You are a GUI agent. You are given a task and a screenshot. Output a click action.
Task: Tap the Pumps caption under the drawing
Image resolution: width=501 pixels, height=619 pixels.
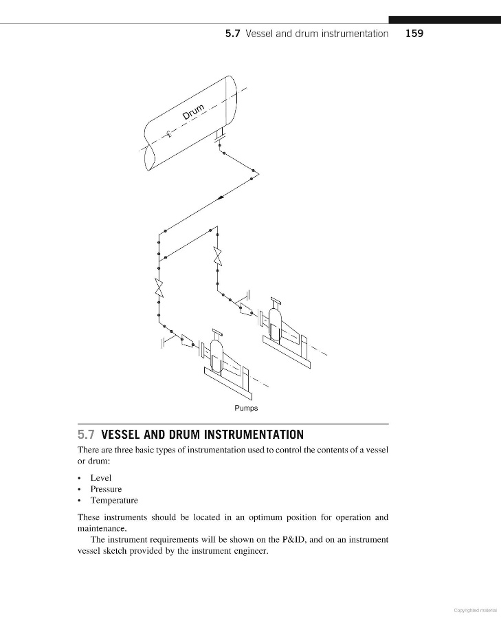246,409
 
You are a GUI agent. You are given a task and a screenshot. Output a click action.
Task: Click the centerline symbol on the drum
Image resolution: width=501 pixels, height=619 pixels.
169,133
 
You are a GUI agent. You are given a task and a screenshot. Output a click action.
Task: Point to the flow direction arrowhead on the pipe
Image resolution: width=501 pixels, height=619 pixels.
220,197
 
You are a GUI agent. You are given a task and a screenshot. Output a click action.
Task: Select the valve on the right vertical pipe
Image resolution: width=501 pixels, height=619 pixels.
217,256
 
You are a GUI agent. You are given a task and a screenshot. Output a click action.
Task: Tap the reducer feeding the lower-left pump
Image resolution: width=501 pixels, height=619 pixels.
186,341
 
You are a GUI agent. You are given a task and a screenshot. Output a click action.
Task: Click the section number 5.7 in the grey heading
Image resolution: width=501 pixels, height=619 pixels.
87,435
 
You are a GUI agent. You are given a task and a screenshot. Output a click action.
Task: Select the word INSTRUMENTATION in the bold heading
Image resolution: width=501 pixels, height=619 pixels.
254,435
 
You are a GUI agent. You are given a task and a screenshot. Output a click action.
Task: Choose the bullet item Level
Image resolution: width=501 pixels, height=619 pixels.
100,477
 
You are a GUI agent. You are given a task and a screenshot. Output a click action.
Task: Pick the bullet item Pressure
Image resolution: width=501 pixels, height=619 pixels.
106,489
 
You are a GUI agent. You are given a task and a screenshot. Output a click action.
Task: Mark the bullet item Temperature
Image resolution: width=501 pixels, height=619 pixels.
114,501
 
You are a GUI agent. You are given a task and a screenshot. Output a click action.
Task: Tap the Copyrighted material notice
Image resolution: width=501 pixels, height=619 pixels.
476,609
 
